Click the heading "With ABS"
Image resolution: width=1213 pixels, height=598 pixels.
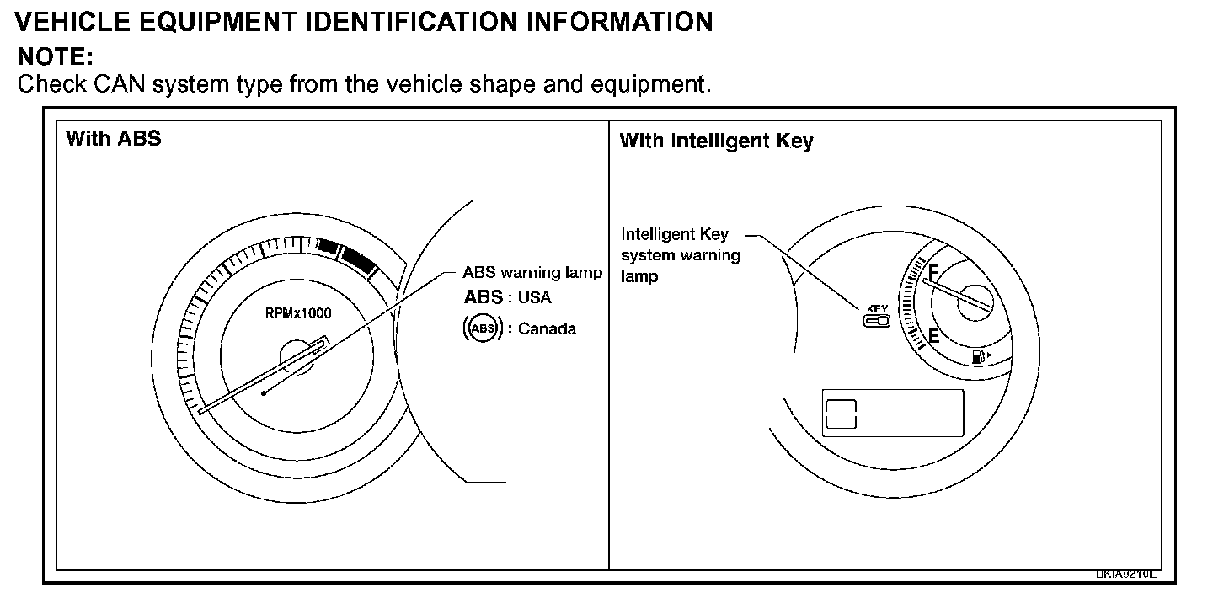pos(113,138)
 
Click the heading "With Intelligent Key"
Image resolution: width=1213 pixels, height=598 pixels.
pos(716,141)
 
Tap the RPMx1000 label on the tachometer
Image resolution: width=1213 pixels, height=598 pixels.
pos(298,313)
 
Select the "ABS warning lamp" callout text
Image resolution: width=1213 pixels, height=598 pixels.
pos(532,272)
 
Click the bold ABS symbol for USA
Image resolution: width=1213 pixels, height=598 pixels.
pos(483,297)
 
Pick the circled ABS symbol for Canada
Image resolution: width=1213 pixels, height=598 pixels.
pos(483,328)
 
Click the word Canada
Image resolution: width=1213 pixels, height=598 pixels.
pos(548,328)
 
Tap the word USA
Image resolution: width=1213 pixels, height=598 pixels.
pos(535,298)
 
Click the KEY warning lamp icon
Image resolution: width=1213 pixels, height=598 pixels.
pos(877,316)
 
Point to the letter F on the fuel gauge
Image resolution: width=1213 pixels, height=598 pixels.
pos(932,271)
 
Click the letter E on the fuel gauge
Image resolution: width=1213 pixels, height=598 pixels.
pos(932,337)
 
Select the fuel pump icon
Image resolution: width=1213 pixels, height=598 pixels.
pos(979,357)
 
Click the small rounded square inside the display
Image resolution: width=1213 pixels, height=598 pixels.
pos(842,414)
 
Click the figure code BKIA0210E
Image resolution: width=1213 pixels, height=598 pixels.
pos(1126,574)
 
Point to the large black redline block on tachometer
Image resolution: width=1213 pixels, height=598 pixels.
pos(359,259)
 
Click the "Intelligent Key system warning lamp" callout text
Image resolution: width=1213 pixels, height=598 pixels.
pos(680,254)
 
